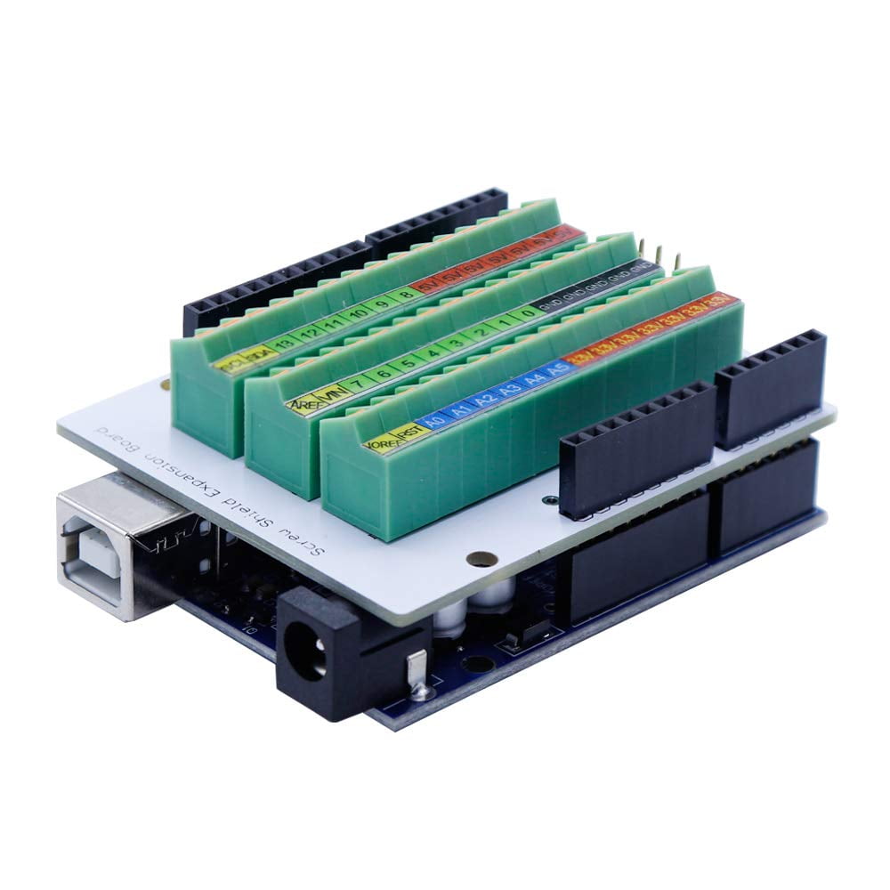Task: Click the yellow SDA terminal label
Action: pyautogui.click(x=257, y=354)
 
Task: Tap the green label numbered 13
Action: pyautogui.click(x=282, y=344)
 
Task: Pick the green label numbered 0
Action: pyautogui.click(x=528, y=313)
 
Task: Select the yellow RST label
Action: pyautogui.click(x=409, y=432)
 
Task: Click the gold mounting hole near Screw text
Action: pyautogui.click(x=481, y=559)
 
